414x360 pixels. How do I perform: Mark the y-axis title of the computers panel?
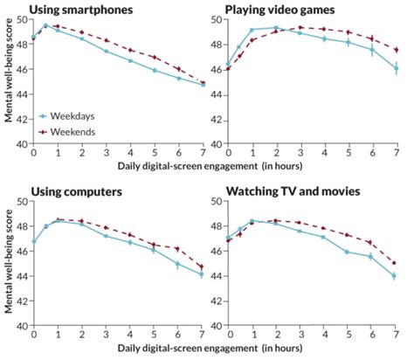7,263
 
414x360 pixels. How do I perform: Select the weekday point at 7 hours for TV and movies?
397,275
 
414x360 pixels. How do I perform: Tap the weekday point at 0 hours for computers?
33,241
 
